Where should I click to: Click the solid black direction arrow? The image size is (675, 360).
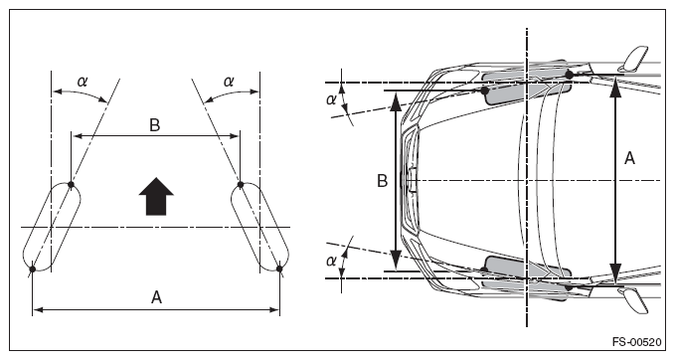pyautogui.click(x=156, y=196)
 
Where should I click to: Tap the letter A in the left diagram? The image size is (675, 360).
pyautogui.click(x=156, y=297)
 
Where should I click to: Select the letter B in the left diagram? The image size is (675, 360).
pyautogui.click(x=154, y=125)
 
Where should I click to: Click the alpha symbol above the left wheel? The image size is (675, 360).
pyautogui.click(x=83, y=81)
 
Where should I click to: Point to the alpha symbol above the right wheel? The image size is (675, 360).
pyautogui.click(x=229, y=81)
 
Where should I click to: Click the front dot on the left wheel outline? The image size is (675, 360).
pyautogui.click(x=71, y=185)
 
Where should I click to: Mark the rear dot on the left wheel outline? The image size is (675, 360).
pyautogui.click(x=32, y=270)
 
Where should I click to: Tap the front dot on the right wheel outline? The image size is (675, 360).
pyautogui.click(x=241, y=185)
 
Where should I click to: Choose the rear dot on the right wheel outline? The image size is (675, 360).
pyautogui.click(x=279, y=269)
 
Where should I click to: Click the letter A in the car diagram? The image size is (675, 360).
pyautogui.click(x=629, y=159)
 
